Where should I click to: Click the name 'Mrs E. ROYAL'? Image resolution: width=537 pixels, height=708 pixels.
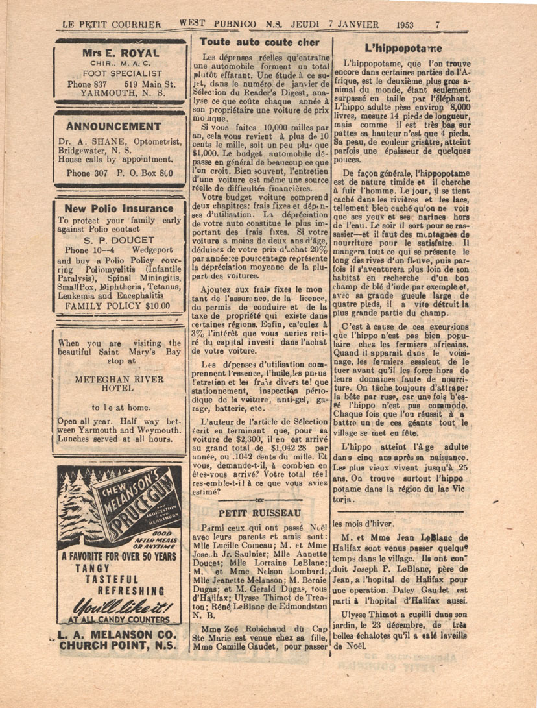(120, 53)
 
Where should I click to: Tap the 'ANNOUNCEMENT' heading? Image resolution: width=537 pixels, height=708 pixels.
(113, 126)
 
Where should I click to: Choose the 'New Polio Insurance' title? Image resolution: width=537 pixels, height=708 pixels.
(119, 208)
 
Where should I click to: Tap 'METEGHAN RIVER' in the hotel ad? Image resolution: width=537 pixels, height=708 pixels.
(119, 379)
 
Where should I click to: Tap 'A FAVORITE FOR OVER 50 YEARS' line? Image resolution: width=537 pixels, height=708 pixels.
(119, 556)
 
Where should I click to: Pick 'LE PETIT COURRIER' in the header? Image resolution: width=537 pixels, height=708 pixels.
(112, 25)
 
